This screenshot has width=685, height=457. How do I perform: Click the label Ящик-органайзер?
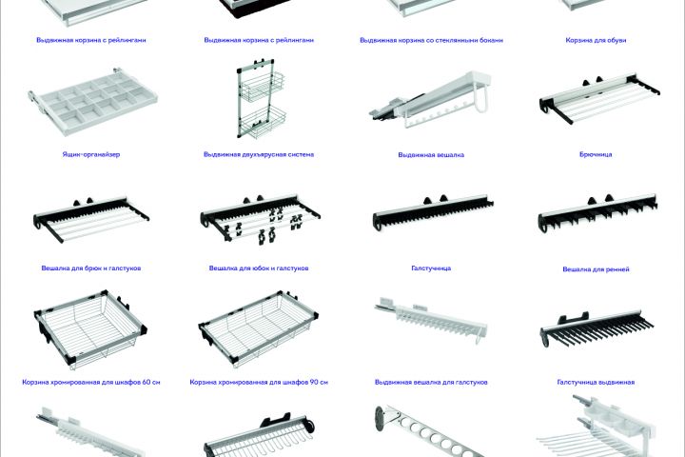(91, 154)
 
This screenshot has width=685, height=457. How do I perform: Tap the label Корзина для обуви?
(596, 40)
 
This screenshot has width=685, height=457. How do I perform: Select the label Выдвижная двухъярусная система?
(259, 154)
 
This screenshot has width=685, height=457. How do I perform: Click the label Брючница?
(596, 154)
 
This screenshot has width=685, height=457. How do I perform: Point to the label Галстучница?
(431, 268)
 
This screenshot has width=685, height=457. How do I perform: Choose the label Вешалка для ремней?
(596, 269)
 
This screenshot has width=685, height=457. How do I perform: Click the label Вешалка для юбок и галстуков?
(259, 268)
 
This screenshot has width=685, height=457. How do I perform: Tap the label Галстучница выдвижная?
(596, 382)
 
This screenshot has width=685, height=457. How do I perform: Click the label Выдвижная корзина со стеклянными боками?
(431, 40)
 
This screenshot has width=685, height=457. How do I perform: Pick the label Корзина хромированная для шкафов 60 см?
(91, 382)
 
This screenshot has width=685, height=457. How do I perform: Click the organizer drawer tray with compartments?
(92, 101)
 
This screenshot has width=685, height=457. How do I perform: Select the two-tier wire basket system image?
(262, 98)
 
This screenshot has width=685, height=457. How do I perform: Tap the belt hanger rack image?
(597, 213)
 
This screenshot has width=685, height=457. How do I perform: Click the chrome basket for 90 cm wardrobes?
(259, 328)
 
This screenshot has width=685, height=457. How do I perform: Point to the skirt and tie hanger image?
(261, 218)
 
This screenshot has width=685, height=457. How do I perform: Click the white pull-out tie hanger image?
(431, 320)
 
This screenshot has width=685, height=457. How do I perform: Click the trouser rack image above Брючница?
(599, 99)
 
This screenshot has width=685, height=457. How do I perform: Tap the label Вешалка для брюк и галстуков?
(91, 268)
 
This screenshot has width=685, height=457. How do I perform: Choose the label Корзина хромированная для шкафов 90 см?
(259, 382)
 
